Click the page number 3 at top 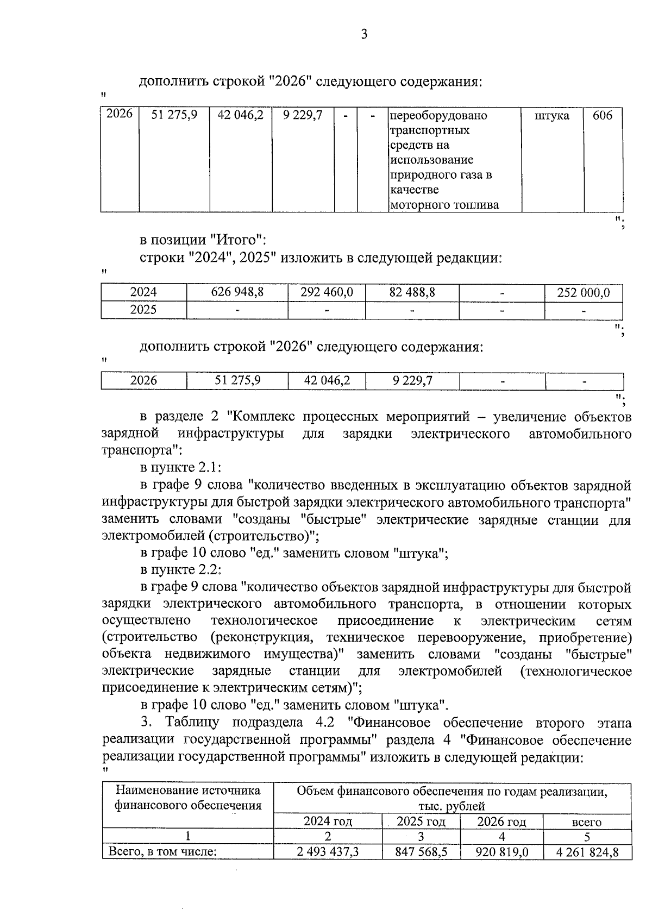coord(364,35)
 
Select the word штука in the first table coord(552,116)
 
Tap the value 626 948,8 coord(237,292)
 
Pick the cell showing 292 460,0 coord(327,292)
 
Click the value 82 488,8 coord(412,292)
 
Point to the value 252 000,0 coord(584,293)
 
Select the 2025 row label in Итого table coord(143,310)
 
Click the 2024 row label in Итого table coord(143,292)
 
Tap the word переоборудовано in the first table coord(438,116)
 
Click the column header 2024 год coord(328,821)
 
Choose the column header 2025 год coord(421,821)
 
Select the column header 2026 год coord(501,821)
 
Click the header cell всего coord(587,822)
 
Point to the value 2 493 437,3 coord(328,851)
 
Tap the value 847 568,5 coord(422,851)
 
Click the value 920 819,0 coord(501,851)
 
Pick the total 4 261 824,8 coord(587,851)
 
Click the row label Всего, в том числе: coord(162,851)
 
